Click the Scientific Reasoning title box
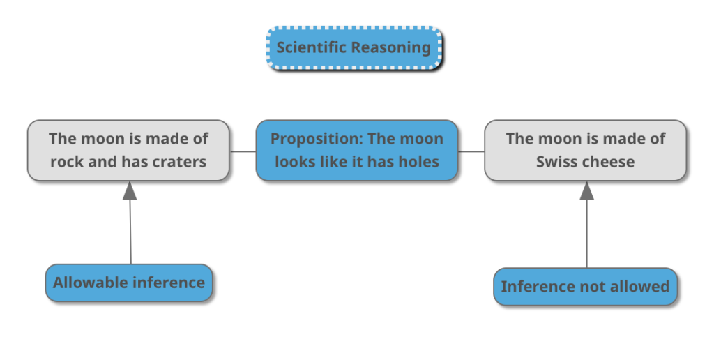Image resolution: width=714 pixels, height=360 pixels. coord(354,48)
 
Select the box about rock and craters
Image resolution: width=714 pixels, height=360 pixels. coord(128,150)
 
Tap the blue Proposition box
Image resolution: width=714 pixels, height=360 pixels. coord(356,150)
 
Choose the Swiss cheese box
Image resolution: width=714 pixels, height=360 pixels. coord(585,150)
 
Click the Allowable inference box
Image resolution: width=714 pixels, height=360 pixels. coord(129,283)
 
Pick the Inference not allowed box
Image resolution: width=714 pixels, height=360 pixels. coord(585,286)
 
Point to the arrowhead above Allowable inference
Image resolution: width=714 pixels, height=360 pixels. coord(130,190)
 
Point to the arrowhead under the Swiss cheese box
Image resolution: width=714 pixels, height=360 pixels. coord(586,190)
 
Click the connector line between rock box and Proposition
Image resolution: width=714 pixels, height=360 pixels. coord(242,151)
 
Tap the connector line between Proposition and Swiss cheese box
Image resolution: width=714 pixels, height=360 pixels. coord(471,151)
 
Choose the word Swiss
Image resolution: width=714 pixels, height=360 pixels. coord(554,162)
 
